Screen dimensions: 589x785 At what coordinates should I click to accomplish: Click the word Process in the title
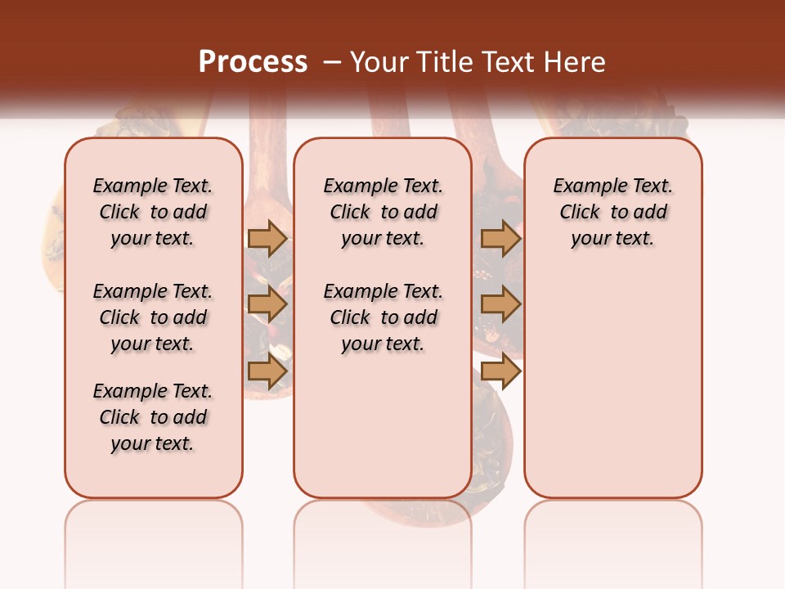pyautogui.click(x=253, y=62)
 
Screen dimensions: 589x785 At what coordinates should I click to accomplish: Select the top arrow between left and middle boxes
pyautogui.click(x=267, y=238)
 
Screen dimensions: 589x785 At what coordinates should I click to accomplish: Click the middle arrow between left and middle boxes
pyautogui.click(x=267, y=304)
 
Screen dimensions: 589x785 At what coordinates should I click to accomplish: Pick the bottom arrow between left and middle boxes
pyautogui.click(x=267, y=371)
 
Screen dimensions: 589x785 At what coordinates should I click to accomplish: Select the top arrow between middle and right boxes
pyautogui.click(x=500, y=238)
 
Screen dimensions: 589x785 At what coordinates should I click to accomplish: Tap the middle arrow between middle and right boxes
pyautogui.click(x=500, y=304)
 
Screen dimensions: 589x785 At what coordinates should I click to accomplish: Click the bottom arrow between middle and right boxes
pyautogui.click(x=500, y=371)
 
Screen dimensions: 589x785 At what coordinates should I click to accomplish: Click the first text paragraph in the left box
pyautogui.click(x=153, y=212)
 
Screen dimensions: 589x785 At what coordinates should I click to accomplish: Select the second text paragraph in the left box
pyautogui.click(x=153, y=317)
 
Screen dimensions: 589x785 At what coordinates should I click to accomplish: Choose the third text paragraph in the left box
pyautogui.click(x=153, y=417)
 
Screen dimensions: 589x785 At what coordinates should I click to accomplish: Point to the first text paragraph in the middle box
pyautogui.click(x=383, y=212)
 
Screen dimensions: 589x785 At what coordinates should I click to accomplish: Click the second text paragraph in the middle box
pyautogui.click(x=383, y=317)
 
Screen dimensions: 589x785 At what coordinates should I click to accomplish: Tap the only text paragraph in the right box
pyautogui.click(x=613, y=212)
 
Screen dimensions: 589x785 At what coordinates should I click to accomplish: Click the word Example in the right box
pyautogui.click(x=582, y=187)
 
